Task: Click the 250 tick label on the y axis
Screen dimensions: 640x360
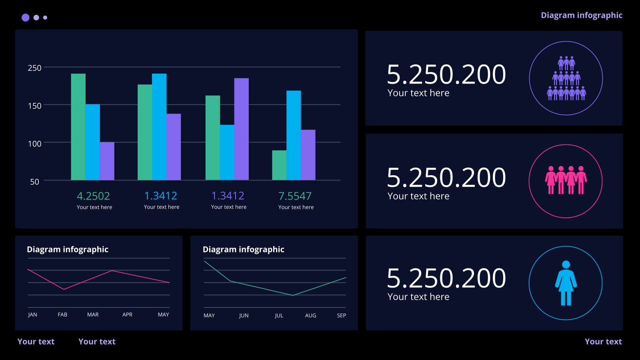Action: pyautogui.click(x=34, y=68)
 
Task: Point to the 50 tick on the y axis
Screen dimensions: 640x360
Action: pyautogui.click(x=34, y=182)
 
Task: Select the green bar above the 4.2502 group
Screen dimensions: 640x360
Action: pyautogui.click(x=78, y=127)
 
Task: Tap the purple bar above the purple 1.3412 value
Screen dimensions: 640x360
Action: pyautogui.click(x=242, y=129)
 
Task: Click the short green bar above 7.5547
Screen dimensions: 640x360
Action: pyautogui.click(x=279, y=165)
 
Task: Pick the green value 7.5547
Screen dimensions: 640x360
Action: pyautogui.click(x=295, y=196)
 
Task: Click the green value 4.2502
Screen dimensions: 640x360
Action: pyautogui.click(x=94, y=196)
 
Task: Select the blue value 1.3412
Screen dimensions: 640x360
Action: pyautogui.click(x=160, y=196)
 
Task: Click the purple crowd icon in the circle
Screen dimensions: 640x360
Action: pyautogui.click(x=566, y=78)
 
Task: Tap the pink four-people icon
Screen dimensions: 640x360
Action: pyautogui.click(x=566, y=180)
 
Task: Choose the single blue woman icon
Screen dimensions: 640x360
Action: pyautogui.click(x=566, y=283)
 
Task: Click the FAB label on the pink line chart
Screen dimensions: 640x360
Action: pyautogui.click(x=62, y=314)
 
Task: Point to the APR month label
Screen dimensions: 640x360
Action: pyautogui.click(x=127, y=314)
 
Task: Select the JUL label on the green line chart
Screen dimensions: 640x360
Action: pyautogui.click(x=279, y=316)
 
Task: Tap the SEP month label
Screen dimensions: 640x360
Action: pyautogui.click(x=342, y=316)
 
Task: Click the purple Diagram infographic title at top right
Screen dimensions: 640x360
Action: pyautogui.click(x=582, y=15)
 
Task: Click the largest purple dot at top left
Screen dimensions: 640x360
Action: pyautogui.click(x=26, y=18)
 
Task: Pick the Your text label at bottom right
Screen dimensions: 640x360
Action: pyautogui.click(x=603, y=342)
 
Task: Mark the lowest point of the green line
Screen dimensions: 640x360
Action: pyautogui.click(x=293, y=295)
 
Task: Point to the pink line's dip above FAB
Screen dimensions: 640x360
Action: pyautogui.click(x=64, y=290)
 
